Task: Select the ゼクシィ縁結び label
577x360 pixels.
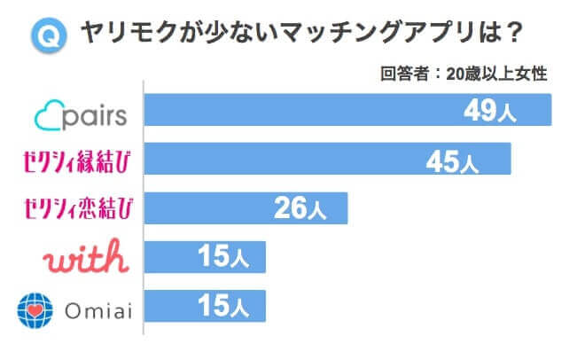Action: (x=78, y=160)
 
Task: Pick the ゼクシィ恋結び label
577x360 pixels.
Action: (x=78, y=209)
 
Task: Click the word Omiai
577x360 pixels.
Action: (x=98, y=309)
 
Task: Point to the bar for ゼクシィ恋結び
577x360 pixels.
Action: (x=245, y=207)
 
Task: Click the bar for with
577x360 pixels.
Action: (x=204, y=256)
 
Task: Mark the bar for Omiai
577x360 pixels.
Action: (x=204, y=305)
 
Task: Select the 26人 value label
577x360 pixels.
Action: (x=300, y=209)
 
